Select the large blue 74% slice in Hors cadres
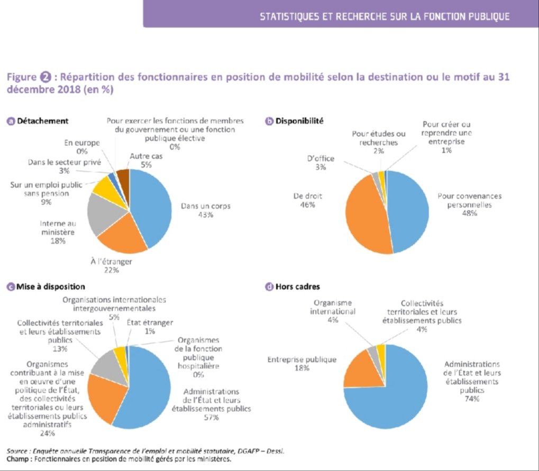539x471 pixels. click(391, 391)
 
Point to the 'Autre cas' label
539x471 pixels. click(147, 156)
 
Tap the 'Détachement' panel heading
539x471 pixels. click(42, 121)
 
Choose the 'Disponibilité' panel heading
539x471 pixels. click(299, 121)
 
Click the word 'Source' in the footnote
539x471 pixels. click(18, 451)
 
